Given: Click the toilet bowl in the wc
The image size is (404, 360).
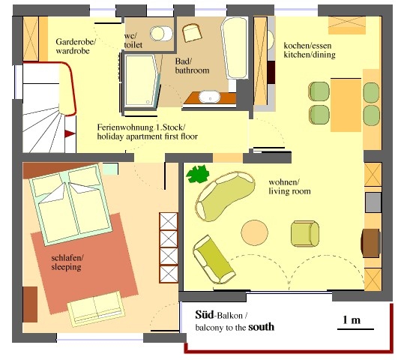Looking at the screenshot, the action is [161, 33].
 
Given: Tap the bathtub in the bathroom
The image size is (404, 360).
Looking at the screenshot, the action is [235, 48].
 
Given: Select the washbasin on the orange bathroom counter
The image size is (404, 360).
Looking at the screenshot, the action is [210, 97].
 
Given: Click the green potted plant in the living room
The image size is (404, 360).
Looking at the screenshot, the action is [197, 174].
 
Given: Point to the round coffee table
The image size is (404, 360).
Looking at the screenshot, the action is [254, 232].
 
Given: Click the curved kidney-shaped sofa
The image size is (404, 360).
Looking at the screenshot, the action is [225, 196].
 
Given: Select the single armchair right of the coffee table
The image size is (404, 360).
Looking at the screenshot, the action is [305, 234].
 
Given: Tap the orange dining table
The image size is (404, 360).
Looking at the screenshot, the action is [346, 105].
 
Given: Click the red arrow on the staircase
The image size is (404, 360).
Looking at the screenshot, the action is [70, 133].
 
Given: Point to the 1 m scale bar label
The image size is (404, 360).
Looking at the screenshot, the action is [352, 320].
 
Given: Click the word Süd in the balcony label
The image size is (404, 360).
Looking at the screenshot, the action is [205, 314].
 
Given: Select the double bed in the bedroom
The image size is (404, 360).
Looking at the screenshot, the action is [70, 204].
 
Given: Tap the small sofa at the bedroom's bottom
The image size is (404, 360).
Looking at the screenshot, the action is [97, 309].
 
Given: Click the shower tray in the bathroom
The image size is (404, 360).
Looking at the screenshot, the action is [141, 80].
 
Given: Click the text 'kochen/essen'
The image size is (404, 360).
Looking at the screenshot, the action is [307, 46].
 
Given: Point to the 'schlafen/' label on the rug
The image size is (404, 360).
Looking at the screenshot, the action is [67, 257].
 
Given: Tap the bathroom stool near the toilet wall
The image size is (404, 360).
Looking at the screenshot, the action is [192, 33].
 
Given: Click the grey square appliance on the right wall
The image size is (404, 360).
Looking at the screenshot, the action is [373, 202].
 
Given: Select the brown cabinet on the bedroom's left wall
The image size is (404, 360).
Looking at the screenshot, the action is [30, 304].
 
